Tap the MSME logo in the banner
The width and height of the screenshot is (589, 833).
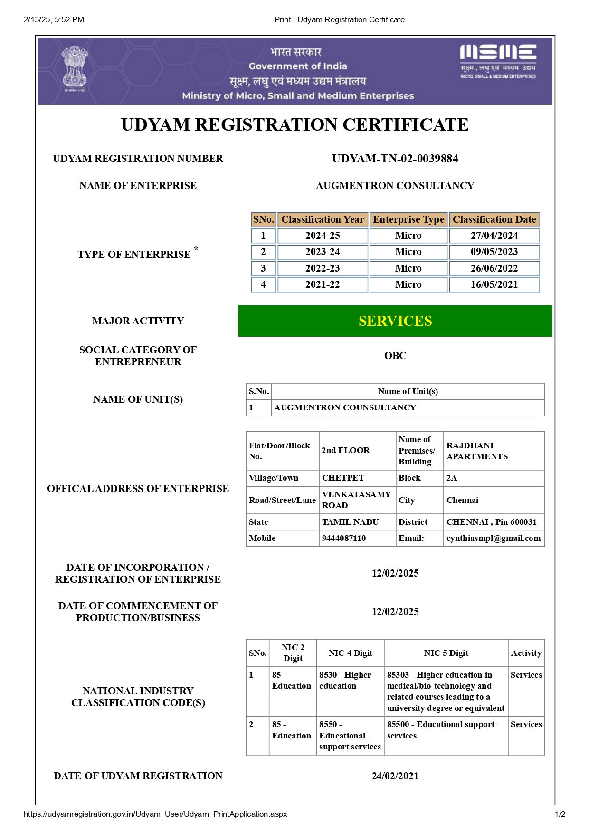[498, 61]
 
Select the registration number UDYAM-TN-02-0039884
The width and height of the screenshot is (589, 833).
[395, 159]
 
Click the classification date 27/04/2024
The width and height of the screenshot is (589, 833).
[494, 236]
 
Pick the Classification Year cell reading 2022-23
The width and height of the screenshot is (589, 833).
[323, 268]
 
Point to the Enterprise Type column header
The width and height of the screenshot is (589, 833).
[408, 219]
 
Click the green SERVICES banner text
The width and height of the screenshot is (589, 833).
[395, 321]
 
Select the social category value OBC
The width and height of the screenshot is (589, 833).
[395, 356]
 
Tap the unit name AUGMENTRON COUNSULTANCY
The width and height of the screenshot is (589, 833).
[345, 407]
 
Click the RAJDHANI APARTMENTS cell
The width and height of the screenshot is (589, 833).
[477, 451]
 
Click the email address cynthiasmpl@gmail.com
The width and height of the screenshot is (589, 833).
[494, 538]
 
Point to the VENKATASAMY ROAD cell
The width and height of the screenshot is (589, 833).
[356, 500]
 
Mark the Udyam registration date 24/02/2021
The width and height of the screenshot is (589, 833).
[395, 776]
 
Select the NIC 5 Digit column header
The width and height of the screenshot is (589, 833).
[446, 653]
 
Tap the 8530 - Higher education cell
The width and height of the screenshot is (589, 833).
[345, 680]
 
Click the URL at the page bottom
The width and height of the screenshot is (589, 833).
[155, 814]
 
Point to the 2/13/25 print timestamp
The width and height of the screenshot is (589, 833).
[54, 19]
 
